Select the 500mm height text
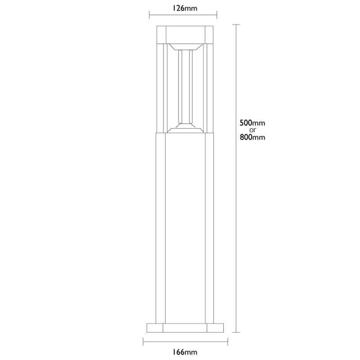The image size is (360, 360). pos(252,122)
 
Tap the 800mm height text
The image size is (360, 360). pos(252,138)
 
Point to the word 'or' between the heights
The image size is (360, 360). pos(252,130)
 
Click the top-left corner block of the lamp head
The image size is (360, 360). pos(161,34)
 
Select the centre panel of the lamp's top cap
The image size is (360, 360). pos(186,34)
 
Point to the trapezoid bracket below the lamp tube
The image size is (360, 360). pos(186,128)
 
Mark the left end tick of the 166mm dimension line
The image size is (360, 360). pos(144,342)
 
